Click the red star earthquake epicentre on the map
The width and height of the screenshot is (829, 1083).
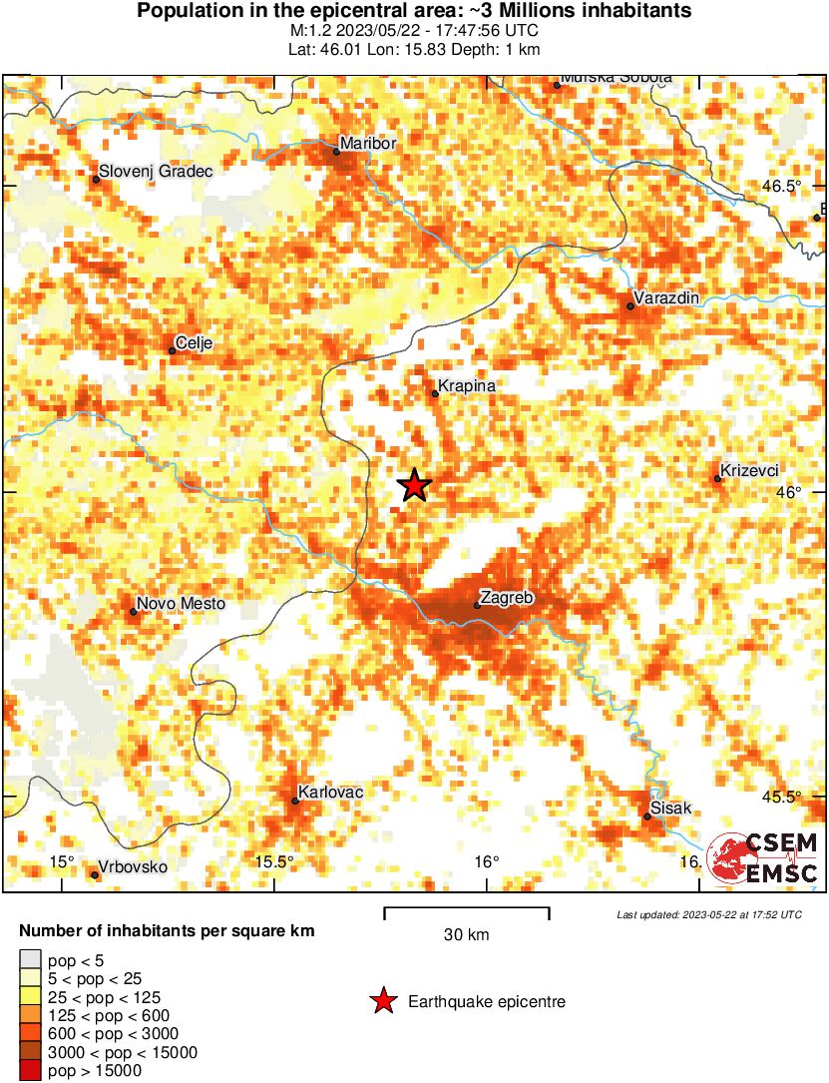pyautogui.click(x=414, y=485)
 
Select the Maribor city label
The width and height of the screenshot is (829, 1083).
pyautogui.click(x=368, y=144)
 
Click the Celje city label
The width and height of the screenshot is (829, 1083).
pyautogui.click(x=194, y=343)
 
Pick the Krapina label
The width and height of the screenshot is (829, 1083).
pyautogui.click(x=468, y=386)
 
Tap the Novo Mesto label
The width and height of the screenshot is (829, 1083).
pyautogui.click(x=181, y=603)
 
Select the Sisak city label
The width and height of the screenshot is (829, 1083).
pyautogui.click(x=670, y=808)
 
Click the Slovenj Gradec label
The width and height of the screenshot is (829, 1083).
pyautogui.click(x=156, y=172)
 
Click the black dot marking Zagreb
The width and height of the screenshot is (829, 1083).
pyautogui.click(x=478, y=605)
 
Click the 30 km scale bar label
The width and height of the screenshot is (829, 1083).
pyautogui.click(x=466, y=935)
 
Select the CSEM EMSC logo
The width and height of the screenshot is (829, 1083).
pyautogui.click(x=763, y=858)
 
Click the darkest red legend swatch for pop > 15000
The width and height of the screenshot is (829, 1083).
pyautogui.click(x=31, y=1071)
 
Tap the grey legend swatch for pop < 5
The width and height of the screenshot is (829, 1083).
pyautogui.click(x=31, y=961)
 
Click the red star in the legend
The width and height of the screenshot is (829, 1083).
pyautogui.click(x=382, y=1001)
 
